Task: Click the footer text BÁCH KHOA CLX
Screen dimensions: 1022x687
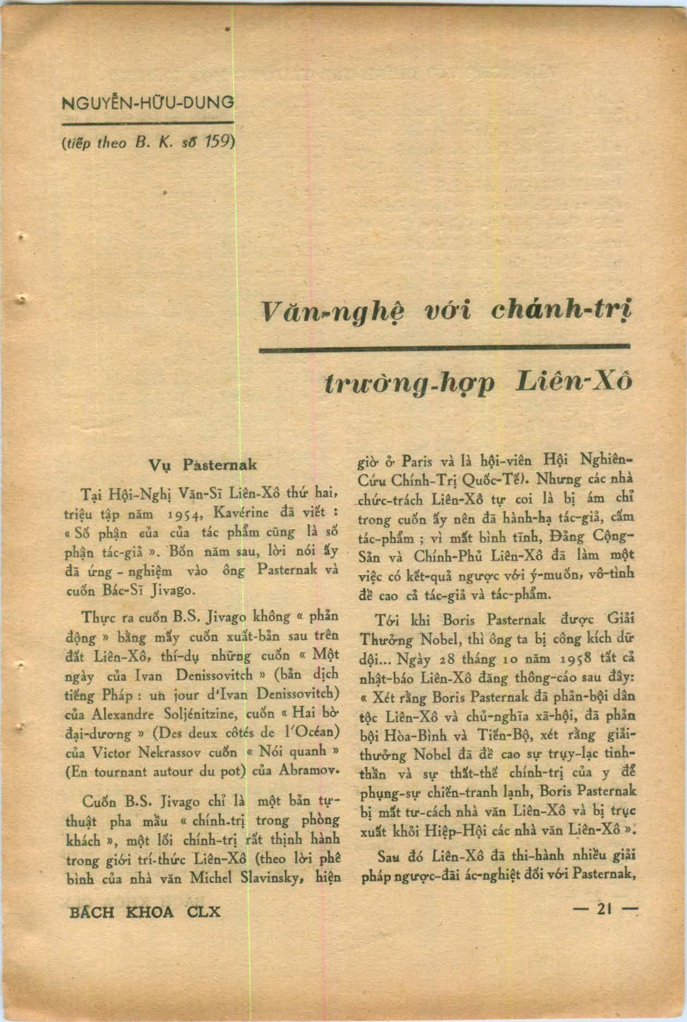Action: pos(146,912)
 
